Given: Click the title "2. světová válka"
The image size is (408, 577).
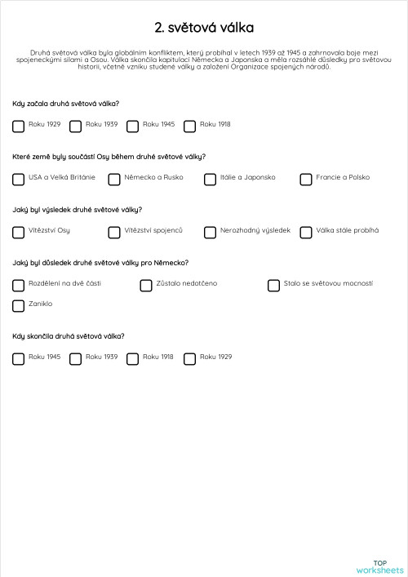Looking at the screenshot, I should click(x=204, y=29).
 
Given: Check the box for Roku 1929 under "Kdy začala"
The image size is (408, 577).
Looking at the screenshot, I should click(x=19, y=126).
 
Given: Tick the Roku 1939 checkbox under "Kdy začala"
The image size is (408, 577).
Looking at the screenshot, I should click(x=76, y=126).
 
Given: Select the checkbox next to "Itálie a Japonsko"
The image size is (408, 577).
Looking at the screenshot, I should click(x=211, y=179).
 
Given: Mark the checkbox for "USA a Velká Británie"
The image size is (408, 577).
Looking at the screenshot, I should click(x=19, y=179).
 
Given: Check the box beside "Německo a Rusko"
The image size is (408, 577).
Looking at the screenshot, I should click(x=114, y=179).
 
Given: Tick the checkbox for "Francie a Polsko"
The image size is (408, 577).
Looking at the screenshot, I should click(x=306, y=179).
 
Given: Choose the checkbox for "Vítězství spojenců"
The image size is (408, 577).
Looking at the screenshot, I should click(x=114, y=232).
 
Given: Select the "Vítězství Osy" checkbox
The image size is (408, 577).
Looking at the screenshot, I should click(x=19, y=232).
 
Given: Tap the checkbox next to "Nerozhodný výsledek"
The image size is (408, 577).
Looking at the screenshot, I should click(x=211, y=232).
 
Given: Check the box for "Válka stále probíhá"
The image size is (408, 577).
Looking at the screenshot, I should click(x=306, y=232).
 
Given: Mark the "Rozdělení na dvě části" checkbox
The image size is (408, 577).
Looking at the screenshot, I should click(x=19, y=285).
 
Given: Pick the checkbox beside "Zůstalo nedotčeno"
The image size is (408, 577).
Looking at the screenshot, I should click(x=146, y=285).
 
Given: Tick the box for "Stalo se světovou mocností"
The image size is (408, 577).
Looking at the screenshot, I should click(x=274, y=285).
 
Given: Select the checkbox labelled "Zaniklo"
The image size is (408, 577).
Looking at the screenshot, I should click(x=19, y=305).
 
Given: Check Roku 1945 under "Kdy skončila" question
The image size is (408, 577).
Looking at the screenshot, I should click(x=19, y=358).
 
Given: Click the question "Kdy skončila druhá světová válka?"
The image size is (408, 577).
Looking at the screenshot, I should click(x=69, y=335).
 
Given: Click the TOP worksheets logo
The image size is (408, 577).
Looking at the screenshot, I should click(x=379, y=566).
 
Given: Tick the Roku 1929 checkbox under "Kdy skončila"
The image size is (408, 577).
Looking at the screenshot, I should click(x=190, y=358).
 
